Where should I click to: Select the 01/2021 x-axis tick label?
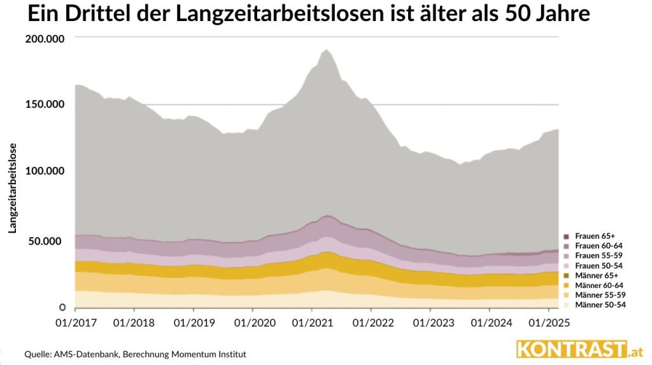pyautogui.click(x=311, y=323)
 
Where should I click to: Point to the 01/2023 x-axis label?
pyautogui.click(x=430, y=323)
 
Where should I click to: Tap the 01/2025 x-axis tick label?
pyautogui.click(x=549, y=323)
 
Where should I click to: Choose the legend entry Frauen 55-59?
pyautogui.click(x=597, y=255)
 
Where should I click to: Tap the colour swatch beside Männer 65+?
pyautogui.click(x=567, y=275)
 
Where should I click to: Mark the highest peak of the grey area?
pyautogui.click(x=327, y=50)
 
